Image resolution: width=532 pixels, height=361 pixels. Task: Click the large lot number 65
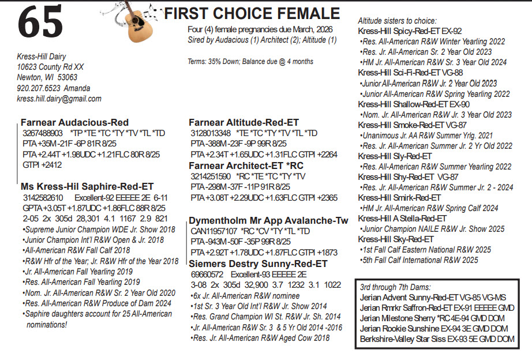[40, 23]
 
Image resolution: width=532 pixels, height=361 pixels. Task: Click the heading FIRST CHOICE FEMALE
[252, 13]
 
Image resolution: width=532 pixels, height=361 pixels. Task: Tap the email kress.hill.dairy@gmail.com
[59, 99]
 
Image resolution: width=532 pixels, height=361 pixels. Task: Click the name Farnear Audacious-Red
[74, 123]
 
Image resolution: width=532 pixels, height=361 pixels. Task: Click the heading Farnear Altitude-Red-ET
[244, 123]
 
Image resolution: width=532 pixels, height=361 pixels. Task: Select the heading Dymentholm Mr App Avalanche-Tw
[269, 221]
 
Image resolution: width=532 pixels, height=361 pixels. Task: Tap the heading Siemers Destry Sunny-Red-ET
[258, 263]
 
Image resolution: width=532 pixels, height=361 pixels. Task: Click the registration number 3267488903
[42, 133]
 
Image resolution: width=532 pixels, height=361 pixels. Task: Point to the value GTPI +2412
[42, 165]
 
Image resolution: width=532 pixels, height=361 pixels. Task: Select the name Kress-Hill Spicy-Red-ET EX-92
[410, 31]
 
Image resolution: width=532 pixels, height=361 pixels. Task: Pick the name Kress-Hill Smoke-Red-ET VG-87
[412, 125]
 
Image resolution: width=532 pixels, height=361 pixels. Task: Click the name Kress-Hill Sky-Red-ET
[396, 239]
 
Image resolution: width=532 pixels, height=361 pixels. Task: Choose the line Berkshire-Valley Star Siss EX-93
[437, 339]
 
